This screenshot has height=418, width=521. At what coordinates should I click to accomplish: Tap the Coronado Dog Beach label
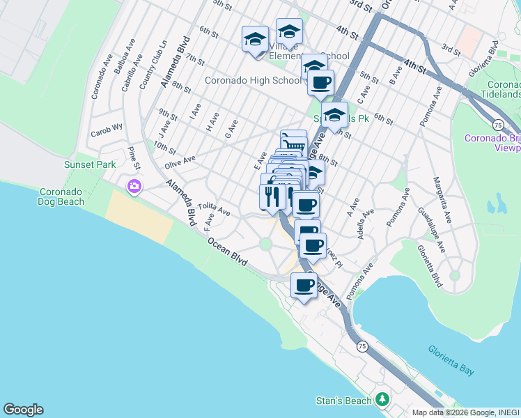click(x=61, y=196)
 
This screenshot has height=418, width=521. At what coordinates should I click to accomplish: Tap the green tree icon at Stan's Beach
click(x=381, y=399)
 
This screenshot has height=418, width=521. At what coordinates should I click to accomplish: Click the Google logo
click(x=23, y=410)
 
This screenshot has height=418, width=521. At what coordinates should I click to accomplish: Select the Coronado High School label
click(x=253, y=80)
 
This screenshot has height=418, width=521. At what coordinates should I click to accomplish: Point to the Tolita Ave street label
click(x=213, y=208)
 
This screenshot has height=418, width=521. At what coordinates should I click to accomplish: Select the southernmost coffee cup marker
click(x=304, y=285)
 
